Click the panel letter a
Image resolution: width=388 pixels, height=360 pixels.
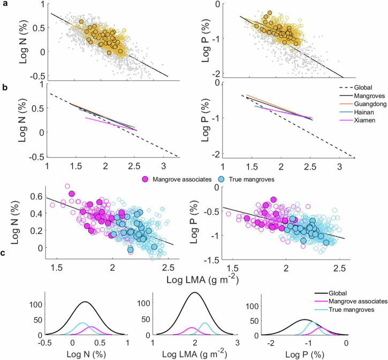pyautogui.click(x=5, y=4)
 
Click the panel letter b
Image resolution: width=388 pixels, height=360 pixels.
pyautogui.click(x=5, y=85)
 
